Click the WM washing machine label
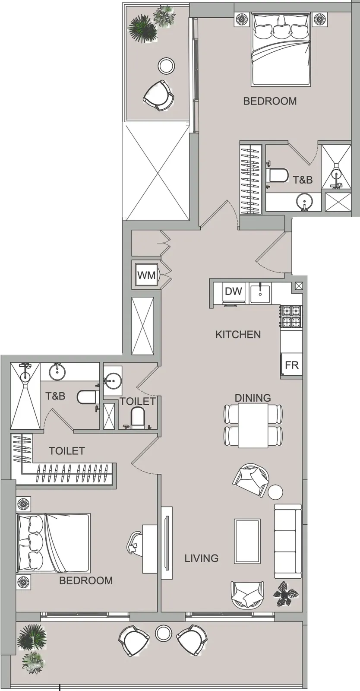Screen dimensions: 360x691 146,275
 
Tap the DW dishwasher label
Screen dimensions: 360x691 234,291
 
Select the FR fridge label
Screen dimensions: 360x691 291,365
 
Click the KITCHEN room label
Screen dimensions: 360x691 238,334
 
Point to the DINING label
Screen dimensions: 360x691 253,398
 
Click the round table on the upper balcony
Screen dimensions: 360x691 167,66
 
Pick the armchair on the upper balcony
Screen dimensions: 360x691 159,95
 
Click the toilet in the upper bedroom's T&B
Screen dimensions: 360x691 277,175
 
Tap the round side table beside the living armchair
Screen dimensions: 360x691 275,492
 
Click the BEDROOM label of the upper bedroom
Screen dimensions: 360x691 270,101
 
